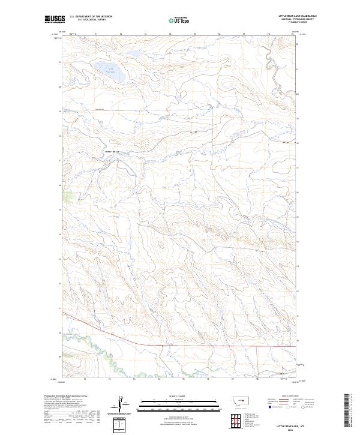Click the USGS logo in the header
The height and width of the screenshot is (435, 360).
(55, 20)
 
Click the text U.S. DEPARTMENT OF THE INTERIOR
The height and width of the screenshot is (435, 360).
(91, 17)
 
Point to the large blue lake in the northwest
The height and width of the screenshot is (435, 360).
(106, 74)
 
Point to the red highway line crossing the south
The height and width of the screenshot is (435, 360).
(180, 346)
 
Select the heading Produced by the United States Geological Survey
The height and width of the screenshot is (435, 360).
(66, 396)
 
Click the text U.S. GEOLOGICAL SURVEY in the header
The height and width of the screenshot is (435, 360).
(86, 20)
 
